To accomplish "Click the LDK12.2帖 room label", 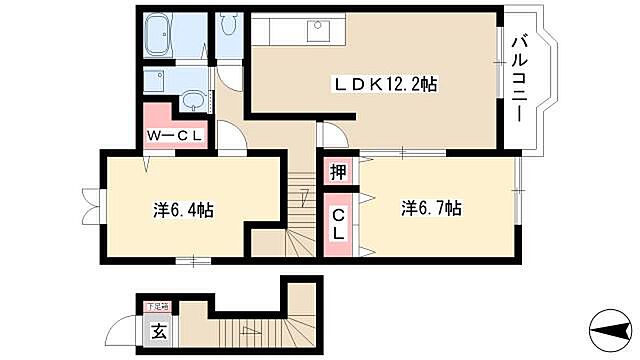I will [385, 86].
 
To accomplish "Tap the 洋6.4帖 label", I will [183, 210].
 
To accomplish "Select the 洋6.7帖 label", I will [431, 209].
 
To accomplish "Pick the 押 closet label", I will [339, 172].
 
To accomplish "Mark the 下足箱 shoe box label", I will [157, 307].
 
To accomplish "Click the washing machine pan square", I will [156, 81].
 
